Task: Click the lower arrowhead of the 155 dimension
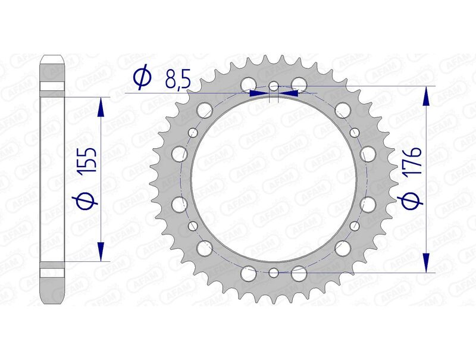[x=101, y=251]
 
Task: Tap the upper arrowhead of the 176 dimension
[x=426, y=95]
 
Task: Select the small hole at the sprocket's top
[x=273, y=86]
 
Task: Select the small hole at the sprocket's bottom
[x=273, y=273]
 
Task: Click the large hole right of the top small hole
[x=299, y=84]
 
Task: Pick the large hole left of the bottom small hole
[x=248, y=274]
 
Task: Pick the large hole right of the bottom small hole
[x=299, y=274]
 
